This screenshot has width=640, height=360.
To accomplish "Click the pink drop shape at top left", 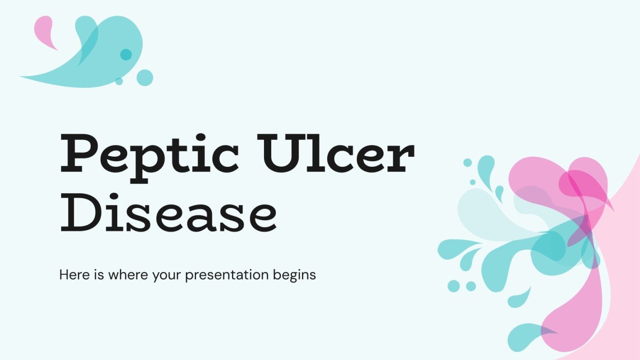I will click(x=44, y=30).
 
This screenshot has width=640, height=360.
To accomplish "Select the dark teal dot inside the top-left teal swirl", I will click(x=126, y=55).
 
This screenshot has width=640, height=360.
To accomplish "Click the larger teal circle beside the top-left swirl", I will click(x=144, y=77).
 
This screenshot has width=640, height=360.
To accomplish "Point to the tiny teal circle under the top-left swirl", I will click(x=119, y=81).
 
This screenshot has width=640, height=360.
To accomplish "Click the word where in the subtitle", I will click(x=122, y=275).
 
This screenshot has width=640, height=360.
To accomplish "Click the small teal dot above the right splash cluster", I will click(x=467, y=163).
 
